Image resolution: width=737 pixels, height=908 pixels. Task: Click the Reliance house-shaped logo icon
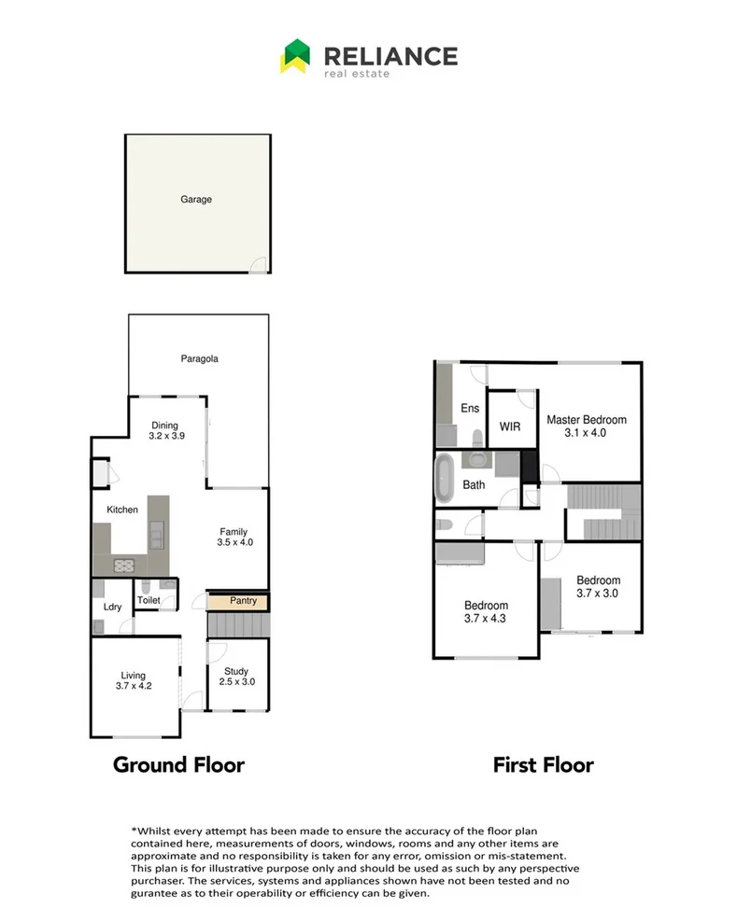(x=295, y=56)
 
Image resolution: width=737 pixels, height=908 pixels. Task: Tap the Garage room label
(x=196, y=200)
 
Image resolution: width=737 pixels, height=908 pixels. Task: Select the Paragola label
(x=200, y=358)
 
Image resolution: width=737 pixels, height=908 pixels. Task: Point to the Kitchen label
(x=122, y=510)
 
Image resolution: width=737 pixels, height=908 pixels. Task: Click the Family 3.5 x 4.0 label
(x=234, y=537)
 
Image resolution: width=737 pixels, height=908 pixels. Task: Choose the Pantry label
(x=243, y=601)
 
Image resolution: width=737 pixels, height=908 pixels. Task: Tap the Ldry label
(x=112, y=608)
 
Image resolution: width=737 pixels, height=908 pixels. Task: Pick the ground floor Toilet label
(x=149, y=600)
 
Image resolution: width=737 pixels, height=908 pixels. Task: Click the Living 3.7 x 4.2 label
(x=134, y=681)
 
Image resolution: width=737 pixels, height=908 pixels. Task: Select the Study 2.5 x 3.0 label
(x=235, y=676)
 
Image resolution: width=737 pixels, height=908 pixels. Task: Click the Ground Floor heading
(x=178, y=765)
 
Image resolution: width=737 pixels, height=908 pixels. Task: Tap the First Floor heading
(x=543, y=765)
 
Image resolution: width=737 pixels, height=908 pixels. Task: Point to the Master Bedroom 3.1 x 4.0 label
(x=586, y=426)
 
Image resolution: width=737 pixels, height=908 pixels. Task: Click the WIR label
(x=510, y=426)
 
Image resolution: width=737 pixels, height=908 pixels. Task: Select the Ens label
(x=469, y=409)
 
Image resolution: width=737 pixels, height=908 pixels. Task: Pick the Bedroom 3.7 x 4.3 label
(x=486, y=611)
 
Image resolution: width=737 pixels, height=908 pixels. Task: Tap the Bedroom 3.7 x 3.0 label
(x=598, y=586)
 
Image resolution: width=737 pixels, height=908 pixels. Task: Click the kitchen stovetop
(x=124, y=564)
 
